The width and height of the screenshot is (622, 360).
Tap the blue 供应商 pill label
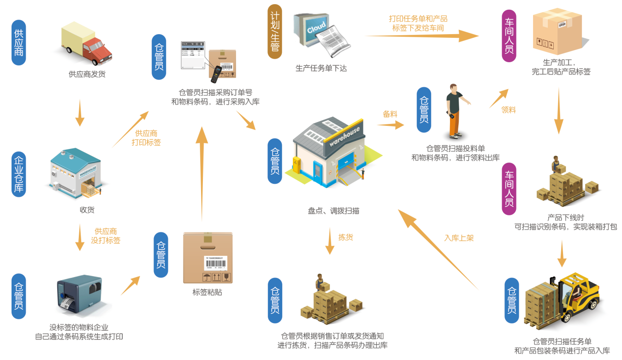click(x=19, y=42)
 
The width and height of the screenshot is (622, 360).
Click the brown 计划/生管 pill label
click(x=275, y=31)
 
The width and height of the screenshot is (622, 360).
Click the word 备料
click(x=390, y=113)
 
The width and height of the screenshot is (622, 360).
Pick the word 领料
click(x=509, y=110)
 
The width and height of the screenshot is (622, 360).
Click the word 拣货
click(x=346, y=237)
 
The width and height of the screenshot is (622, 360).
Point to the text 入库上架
click(x=459, y=238)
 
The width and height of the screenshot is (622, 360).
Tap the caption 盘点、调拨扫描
click(x=333, y=211)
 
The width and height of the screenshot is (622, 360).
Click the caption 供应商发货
click(x=87, y=73)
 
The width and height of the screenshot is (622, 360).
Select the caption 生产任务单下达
click(x=321, y=68)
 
